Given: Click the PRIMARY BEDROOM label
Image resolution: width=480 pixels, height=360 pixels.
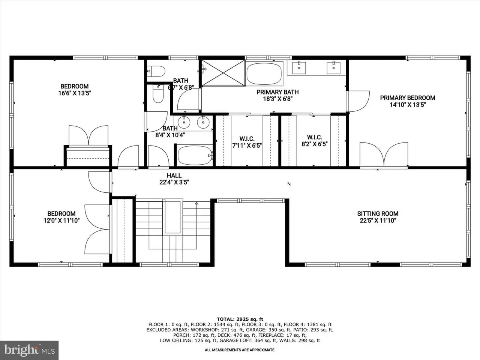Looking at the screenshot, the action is (408, 98).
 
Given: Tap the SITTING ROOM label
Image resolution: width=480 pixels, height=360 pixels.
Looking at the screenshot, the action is (378, 213).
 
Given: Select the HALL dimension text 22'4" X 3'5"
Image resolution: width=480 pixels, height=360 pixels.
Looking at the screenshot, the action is (174, 182).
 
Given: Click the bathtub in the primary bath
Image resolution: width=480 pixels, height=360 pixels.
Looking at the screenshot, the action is (264, 73).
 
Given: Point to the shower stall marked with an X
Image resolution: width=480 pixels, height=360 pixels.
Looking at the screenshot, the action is (223, 73).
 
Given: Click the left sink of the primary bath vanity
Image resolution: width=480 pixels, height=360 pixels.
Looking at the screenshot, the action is (299, 68).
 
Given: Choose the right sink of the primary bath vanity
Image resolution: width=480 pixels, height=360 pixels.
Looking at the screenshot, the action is (333, 68).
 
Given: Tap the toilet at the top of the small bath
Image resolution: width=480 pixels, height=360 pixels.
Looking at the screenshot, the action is (156, 71).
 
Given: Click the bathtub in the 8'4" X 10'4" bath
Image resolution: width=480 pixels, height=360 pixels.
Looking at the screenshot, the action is (195, 155).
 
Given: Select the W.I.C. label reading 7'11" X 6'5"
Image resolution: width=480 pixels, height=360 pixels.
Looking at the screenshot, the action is (247, 142).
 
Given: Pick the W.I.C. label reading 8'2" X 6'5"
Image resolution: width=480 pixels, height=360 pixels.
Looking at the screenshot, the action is (315, 141).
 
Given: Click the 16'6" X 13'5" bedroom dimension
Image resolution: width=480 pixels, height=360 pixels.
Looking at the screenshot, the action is (75, 93).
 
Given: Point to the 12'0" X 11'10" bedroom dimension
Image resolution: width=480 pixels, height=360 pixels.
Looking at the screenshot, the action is (61, 220).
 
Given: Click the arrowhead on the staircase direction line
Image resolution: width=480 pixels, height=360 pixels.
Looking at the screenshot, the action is (196, 203).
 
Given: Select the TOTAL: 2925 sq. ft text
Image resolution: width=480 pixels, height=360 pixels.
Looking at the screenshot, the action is (240, 319).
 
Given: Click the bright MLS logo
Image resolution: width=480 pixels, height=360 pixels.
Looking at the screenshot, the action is (29, 350).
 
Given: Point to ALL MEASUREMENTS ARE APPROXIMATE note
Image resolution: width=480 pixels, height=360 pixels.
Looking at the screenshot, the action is (240, 350).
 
